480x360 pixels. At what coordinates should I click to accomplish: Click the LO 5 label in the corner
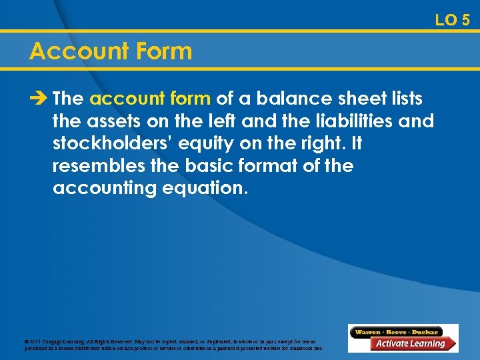tap(452, 20)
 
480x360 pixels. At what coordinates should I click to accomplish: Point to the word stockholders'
tap(106, 143)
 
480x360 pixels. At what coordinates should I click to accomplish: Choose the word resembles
tap(97, 165)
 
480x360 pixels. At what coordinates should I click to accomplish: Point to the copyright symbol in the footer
tap(26, 342)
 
